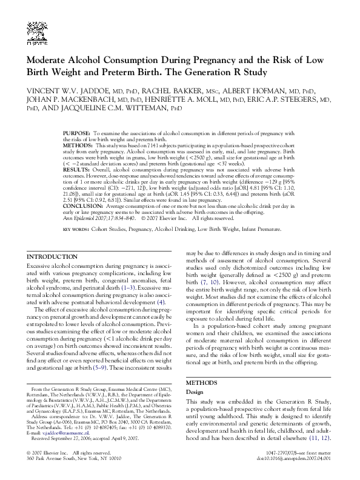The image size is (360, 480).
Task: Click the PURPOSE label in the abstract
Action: tap(77, 132)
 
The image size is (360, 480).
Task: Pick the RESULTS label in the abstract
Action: tap(76, 171)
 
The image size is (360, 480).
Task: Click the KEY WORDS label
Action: tap(76, 230)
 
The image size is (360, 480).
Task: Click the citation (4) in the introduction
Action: tap(161, 302)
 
